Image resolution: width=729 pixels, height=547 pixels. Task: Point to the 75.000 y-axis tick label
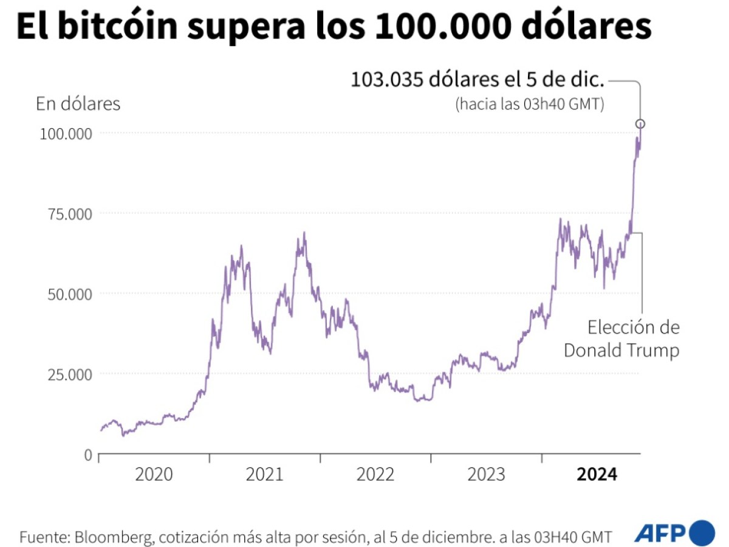(x=69, y=214)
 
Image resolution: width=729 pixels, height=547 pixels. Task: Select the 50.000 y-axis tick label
(x=69, y=294)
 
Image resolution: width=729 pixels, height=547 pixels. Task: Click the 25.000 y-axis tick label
(x=69, y=374)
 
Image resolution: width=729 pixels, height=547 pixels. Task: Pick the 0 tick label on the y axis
(x=87, y=455)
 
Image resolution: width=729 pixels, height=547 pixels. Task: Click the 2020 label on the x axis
(x=154, y=475)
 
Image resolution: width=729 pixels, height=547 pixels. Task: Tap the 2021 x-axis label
(x=264, y=475)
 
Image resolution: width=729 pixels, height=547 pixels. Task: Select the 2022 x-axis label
(x=375, y=475)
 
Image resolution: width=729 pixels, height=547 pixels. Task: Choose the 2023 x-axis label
(x=486, y=475)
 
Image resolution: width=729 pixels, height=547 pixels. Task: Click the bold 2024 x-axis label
(x=597, y=475)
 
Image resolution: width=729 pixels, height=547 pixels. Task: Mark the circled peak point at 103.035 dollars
(x=640, y=124)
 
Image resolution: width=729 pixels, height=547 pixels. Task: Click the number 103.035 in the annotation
(x=388, y=80)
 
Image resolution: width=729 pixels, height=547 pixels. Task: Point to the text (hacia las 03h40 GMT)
(x=529, y=104)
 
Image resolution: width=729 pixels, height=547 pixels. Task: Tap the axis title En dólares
(x=78, y=104)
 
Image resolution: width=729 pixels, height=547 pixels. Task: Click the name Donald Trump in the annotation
(x=621, y=351)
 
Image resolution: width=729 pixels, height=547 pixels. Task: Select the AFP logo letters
(x=660, y=533)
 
